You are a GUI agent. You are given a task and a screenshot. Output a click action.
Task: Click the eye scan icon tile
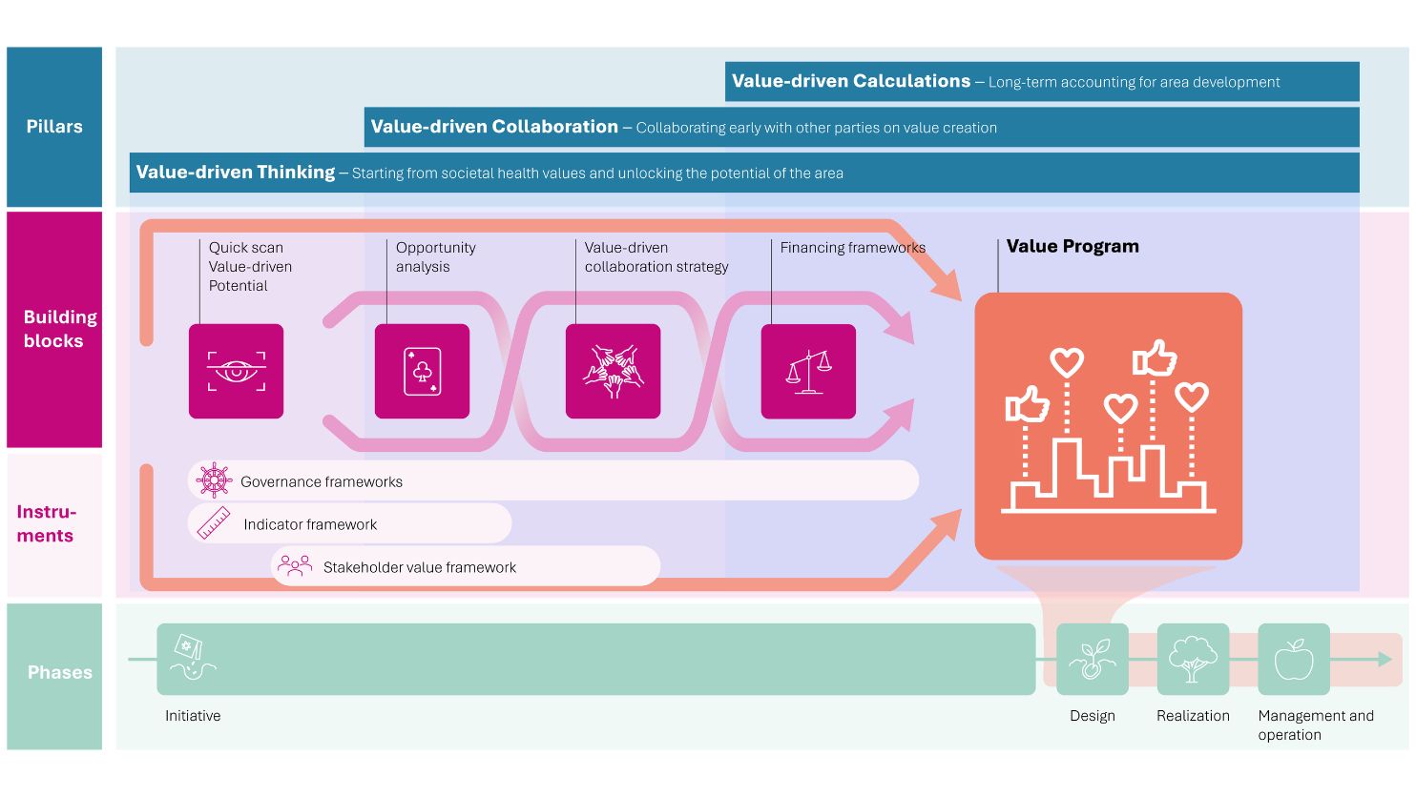pyautogui.click(x=236, y=372)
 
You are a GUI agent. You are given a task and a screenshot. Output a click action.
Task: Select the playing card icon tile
pyautogui.click(x=423, y=372)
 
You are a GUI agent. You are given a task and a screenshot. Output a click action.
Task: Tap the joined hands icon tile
pyautogui.click(x=614, y=372)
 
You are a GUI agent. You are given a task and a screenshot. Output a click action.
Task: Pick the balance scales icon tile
pyautogui.click(x=808, y=372)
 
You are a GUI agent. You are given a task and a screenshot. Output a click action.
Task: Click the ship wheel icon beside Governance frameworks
pyautogui.click(x=214, y=480)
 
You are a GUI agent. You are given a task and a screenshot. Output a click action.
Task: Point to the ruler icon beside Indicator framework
pyautogui.click(x=214, y=523)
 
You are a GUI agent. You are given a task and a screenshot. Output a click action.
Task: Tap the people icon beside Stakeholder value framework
pyautogui.click(x=295, y=566)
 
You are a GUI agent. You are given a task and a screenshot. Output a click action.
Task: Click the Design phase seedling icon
pyautogui.click(x=1093, y=660)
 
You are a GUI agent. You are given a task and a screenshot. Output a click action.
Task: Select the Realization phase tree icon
pyautogui.click(x=1193, y=660)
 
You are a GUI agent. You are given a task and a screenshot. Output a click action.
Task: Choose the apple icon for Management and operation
pyautogui.click(x=1294, y=660)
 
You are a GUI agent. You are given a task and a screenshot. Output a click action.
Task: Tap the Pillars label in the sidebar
pyautogui.click(x=54, y=127)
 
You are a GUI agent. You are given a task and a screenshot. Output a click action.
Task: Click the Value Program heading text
pyautogui.click(x=1072, y=246)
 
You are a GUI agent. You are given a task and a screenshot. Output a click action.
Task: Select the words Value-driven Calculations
pyautogui.click(x=851, y=81)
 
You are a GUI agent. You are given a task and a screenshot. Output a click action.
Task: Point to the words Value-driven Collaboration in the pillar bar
pyautogui.click(x=494, y=127)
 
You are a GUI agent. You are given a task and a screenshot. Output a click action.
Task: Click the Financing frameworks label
pyautogui.click(x=853, y=248)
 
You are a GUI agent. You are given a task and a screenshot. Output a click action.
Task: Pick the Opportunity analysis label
pyautogui.click(x=435, y=257)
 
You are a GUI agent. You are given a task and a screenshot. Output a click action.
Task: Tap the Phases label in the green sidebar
pyautogui.click(x=60, y=672)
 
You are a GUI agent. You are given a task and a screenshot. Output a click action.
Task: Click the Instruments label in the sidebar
pyautogui.click(x=46, y=523)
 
